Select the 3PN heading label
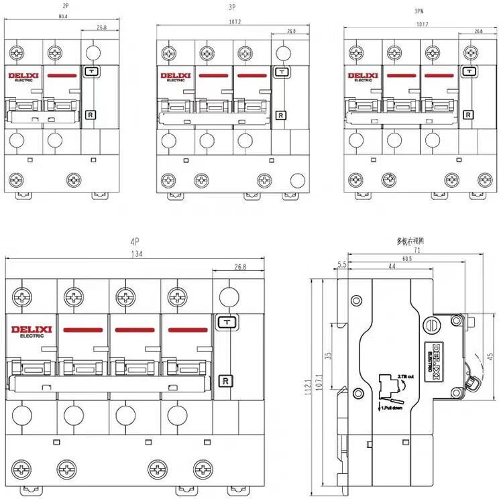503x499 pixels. coord(418,11)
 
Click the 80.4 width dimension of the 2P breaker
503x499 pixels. coord(62,15)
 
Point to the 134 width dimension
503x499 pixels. coord(137,254)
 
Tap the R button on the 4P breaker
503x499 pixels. coord(225,381)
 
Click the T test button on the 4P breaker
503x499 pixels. coord(225,322)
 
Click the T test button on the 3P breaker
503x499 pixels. coord(281,72)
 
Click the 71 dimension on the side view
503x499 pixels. coord(416,249)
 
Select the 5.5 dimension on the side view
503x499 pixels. coord(343,266)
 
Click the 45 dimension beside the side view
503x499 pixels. coord(490,355)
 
